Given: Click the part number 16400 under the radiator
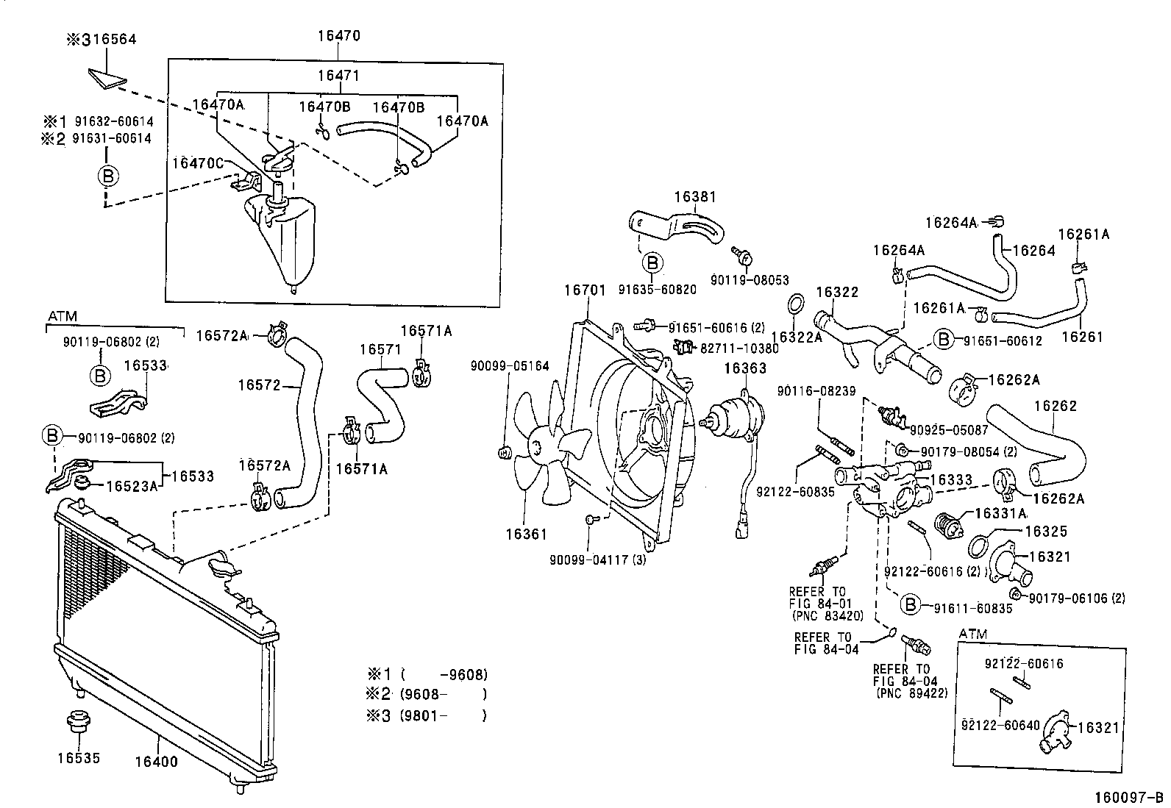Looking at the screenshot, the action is point(157,762).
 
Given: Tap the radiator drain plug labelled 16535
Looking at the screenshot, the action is point(79,722).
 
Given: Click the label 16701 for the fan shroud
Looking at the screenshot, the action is point(585,290).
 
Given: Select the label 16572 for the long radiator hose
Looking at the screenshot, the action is point(259,385).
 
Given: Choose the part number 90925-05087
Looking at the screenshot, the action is point(949,430).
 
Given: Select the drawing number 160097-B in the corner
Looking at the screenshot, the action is point(1128,798).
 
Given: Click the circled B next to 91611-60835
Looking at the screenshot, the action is point(910,605).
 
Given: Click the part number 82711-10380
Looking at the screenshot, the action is point(739,348).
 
